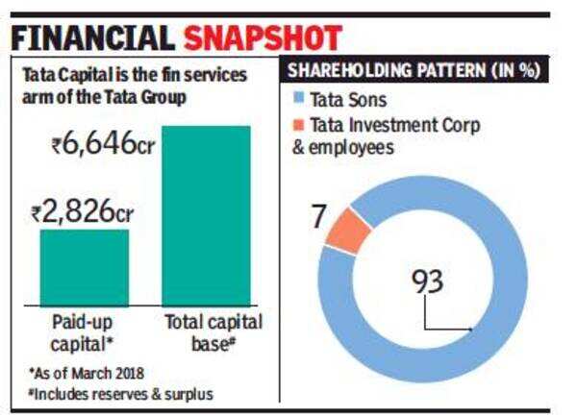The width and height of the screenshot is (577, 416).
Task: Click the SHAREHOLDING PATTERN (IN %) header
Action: tap(413, 69)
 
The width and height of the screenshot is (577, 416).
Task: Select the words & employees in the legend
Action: tap(352, 147)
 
